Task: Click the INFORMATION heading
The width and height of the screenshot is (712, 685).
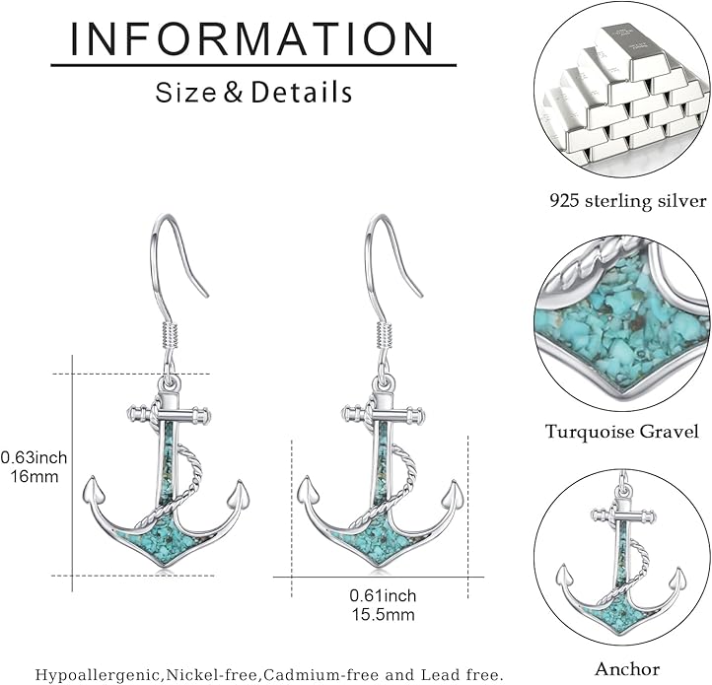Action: click(252, 39)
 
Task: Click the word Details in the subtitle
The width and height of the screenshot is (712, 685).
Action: click(302, 92)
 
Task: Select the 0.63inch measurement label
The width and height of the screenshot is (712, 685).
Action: click(35, 457)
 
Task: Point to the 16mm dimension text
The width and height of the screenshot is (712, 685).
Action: click(35, 477)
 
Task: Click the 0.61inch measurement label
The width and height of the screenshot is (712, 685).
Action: click(383, 595)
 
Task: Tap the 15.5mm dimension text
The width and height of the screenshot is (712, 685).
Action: click(384, 615)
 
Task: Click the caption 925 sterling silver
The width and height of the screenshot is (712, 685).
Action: click(628, 201)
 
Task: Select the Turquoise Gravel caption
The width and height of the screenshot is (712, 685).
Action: click(622, 432)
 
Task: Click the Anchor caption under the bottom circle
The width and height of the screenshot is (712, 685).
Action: click(627, 668)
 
